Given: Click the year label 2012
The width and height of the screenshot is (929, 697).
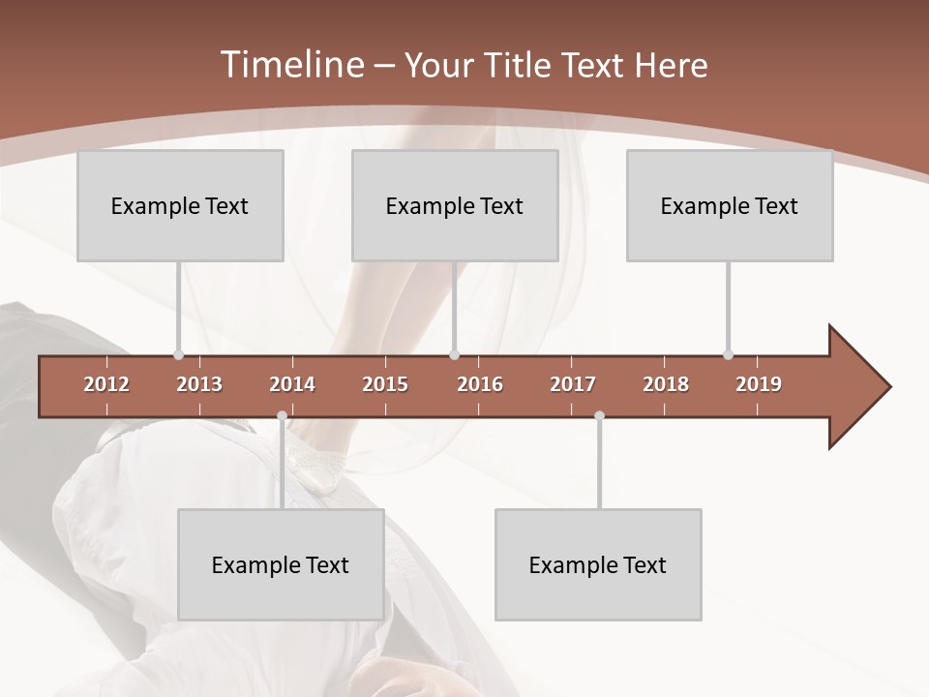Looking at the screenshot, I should click(106, 384).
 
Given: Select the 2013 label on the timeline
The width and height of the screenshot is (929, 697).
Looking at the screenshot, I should click(199, 384).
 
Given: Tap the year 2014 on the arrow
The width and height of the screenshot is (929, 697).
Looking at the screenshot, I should click(292, 384).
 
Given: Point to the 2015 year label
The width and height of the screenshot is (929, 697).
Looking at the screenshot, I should click(385, 384).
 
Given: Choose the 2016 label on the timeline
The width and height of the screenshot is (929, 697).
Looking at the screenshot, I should click(480, 384).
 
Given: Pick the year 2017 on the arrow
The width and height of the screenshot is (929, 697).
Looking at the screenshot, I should click(573, 384).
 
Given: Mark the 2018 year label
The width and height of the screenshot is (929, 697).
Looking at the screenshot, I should click(666, 384).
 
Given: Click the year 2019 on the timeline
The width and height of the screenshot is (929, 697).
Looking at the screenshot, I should click(759, 384).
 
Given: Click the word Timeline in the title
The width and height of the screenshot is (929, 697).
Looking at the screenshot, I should click(291, 65).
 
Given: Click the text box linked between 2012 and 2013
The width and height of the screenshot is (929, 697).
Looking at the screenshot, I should click(180, 205).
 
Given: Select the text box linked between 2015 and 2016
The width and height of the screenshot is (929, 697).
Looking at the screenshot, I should click(455, 205).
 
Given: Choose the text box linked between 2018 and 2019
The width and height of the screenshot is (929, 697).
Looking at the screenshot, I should click(730, 205).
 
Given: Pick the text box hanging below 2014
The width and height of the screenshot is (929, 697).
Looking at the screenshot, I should click(281, 564).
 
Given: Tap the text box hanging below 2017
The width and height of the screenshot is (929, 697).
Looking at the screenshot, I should click(598, 564).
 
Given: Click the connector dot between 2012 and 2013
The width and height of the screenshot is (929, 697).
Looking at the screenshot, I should click(178, 355).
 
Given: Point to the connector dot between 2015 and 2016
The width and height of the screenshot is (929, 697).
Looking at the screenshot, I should click(454, 355).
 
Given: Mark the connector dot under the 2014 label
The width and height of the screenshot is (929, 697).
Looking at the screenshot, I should click(282, 416).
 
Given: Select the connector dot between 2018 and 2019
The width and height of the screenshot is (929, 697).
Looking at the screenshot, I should click(728, 355).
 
